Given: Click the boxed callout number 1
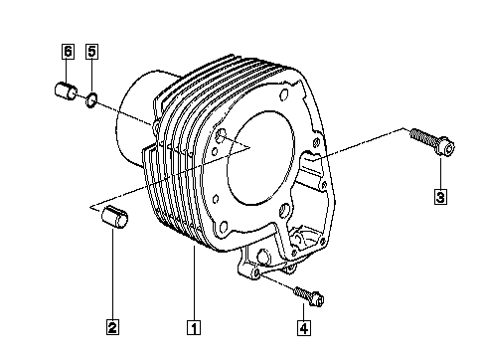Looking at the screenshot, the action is (x=194, y=327).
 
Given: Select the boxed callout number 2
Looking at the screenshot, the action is (x=112, y=327).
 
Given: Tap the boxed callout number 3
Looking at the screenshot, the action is (x=440, y=197).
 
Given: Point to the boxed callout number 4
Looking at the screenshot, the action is (x=304, y=328).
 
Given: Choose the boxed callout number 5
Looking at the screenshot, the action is (x=91, y=52).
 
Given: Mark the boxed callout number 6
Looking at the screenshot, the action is (x=68, y=52).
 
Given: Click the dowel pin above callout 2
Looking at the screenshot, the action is (x=114, y=217).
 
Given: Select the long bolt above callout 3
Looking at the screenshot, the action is (x=432, y=142).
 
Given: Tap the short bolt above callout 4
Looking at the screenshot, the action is (x=309, y=296).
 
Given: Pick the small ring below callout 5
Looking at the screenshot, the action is (x=91, y=100).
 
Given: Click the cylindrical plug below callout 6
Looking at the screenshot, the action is (x=66, y=91).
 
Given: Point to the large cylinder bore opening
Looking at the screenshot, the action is (x=260, y=158).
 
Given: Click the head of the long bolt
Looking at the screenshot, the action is (x=446, y=148).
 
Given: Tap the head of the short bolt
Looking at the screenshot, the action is (x=318, y=300).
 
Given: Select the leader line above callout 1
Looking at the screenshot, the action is (x=194, y=282).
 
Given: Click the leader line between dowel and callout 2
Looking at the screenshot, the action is (x=112, y=273).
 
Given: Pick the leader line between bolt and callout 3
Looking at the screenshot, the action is (x=440, y=174).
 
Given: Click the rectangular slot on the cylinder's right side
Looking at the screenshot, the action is (x=311, y=163).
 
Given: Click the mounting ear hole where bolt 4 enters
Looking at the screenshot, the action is (x=256, y=273).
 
